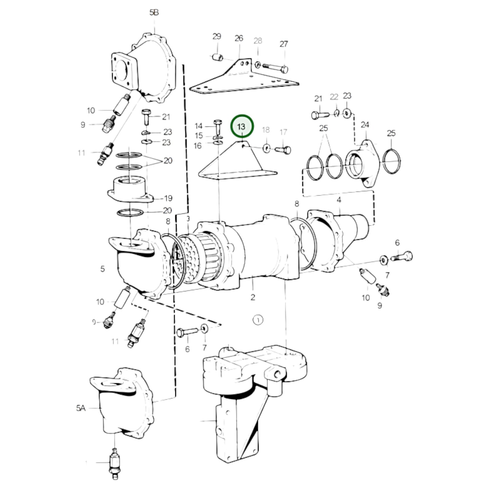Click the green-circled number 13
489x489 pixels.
coord(242,127)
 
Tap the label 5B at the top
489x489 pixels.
coord(154,13)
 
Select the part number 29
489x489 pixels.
coord(217,37)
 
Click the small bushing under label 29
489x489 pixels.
coord(217,58)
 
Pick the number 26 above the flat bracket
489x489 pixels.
coord(239,38)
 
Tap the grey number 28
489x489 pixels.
coord(258,41)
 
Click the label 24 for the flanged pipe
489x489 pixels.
coord(364,125)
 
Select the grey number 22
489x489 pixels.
coord(334,97)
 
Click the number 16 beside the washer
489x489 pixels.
coord(198,146)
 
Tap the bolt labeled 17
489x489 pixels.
coord(283,149)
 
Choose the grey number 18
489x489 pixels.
coord(266,130)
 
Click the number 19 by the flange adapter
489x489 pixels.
coord(168,198)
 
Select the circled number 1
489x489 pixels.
coord(258,320)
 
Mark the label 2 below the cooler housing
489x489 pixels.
coord(253,297)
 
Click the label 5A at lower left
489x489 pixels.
coord(81,408)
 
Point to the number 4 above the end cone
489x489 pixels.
coord(339,200)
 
